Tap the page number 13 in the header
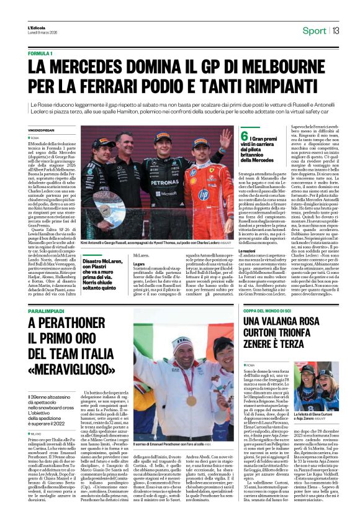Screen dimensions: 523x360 pyautogui.click(x=335, y=30)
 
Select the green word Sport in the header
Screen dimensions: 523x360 pyautogui.click(x=313, y=30)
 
